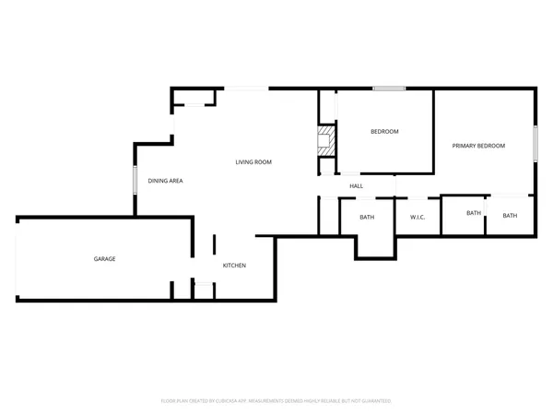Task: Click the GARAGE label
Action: pos(104,259)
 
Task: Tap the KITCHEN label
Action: pos(234,266)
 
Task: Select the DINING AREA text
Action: pos(166,181)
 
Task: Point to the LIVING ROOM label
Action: pos(253,162)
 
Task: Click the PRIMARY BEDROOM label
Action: pos(478,146)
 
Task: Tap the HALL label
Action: pos(356,186)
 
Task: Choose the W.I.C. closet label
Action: pos(417,218)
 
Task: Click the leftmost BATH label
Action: pos(367,218)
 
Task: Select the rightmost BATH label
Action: pos(510,216)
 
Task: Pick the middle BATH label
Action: pos(473,213)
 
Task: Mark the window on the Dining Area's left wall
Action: pos(135,180)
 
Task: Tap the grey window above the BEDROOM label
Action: pos(388,89)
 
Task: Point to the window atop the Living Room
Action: pos(247,89)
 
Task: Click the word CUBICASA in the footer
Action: pos(229,401)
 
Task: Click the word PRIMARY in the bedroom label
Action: pos(464,146)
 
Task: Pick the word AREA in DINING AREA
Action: pos(175,181)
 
